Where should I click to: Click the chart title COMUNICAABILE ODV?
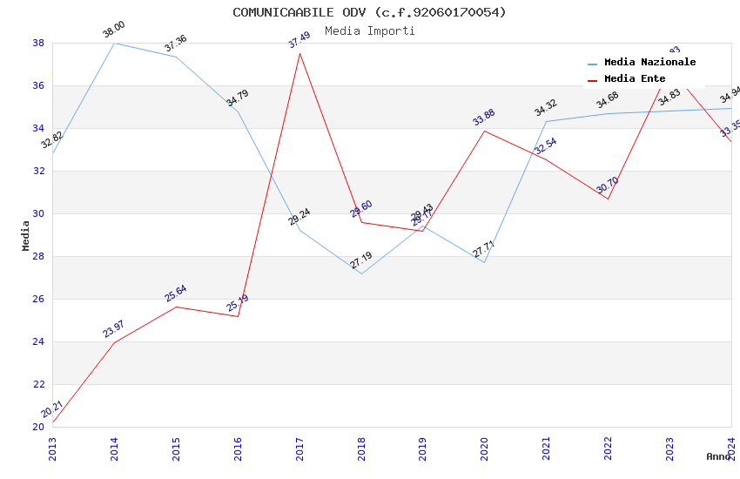369,12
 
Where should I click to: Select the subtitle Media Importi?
369,30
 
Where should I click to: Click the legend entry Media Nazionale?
649,63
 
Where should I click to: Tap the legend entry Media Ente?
635,78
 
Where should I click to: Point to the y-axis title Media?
25,235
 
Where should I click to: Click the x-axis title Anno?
718,456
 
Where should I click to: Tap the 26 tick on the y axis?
38,299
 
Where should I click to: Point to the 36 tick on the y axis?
38,85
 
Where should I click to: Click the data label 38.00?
114,30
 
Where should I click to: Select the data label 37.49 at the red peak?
299,40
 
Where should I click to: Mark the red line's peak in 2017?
299,54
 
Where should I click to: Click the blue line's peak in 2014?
115,43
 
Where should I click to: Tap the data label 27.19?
361,260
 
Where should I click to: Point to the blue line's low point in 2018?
361,273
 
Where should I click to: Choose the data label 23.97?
114,329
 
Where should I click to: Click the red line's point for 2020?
485,131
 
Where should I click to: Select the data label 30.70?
608,186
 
